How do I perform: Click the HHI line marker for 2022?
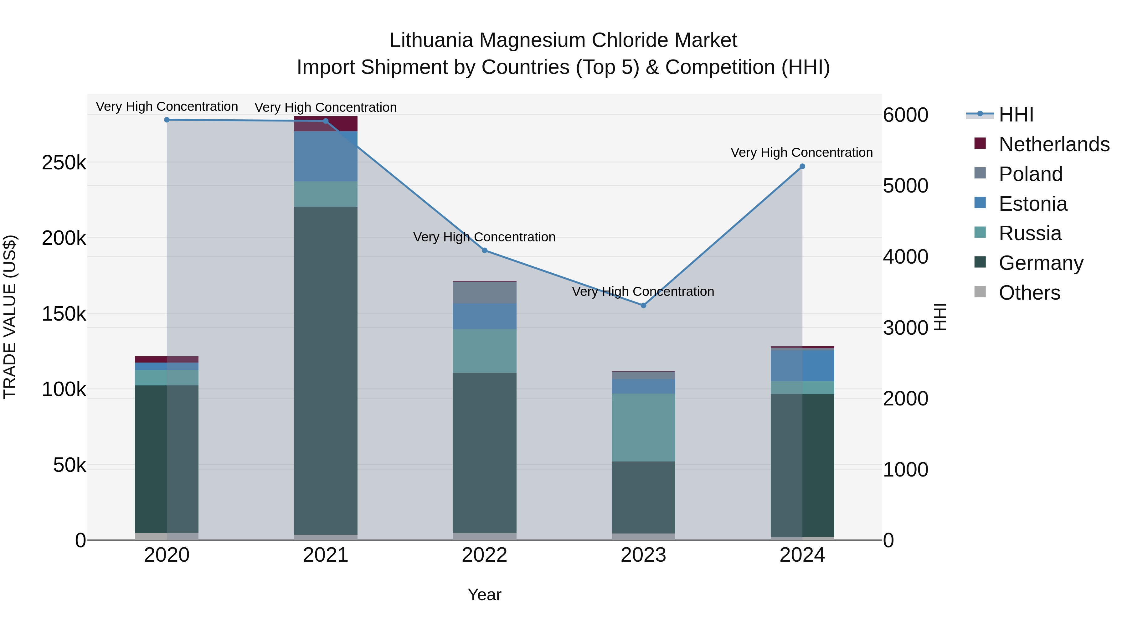click(484, 250)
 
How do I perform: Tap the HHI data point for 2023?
click(643, 305)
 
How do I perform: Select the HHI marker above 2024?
click(802, 166)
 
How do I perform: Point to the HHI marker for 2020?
click(167, 120)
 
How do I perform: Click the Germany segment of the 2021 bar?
click(326, 372)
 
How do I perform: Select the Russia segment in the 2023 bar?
click(643, 427)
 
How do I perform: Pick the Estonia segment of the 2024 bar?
click(802, 366)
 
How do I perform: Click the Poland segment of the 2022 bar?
click(484, 292)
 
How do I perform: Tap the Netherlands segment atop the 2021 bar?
click(326, 123)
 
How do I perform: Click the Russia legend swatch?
click(980, 233)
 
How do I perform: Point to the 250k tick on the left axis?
click(64, 163)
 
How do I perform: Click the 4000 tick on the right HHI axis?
click(905, 257)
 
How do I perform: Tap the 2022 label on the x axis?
click(484, 555)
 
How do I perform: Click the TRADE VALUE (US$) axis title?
click(10, 317)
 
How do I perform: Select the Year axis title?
click(484, 595)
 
